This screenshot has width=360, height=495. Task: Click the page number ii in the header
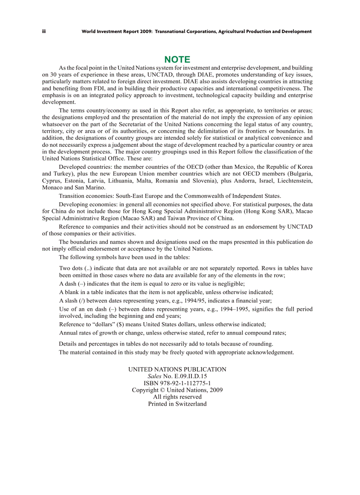point(44,32)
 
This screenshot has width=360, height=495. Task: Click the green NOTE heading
point(177,60)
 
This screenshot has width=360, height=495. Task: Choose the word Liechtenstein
point(293,180)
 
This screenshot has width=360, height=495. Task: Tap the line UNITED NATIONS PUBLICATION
point(177,369)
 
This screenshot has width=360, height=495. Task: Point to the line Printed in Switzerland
point(177,404)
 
